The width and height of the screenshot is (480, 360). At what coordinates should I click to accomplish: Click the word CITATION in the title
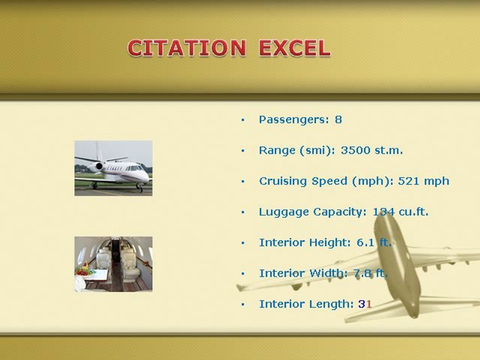point(186,48)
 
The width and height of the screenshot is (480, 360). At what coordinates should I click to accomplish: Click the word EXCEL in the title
point(294,48)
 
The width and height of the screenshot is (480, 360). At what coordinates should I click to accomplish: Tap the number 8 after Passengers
point(338,119)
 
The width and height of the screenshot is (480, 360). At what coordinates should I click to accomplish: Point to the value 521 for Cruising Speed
point(408,181)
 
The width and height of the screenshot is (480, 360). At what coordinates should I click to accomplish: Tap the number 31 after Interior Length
point(365,304)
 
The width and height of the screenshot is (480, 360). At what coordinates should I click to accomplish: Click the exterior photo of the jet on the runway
point(113,168)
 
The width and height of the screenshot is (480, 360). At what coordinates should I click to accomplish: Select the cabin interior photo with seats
point(113,264)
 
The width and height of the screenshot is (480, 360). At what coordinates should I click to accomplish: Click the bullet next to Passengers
point(243,120)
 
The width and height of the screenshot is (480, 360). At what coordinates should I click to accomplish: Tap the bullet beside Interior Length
point(243,304)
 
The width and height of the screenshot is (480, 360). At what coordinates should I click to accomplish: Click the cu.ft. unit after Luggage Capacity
point(413,212)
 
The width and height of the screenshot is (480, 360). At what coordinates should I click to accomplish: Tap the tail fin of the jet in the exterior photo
point(98,150)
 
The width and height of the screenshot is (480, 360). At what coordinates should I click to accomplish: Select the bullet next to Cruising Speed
point(243,181)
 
